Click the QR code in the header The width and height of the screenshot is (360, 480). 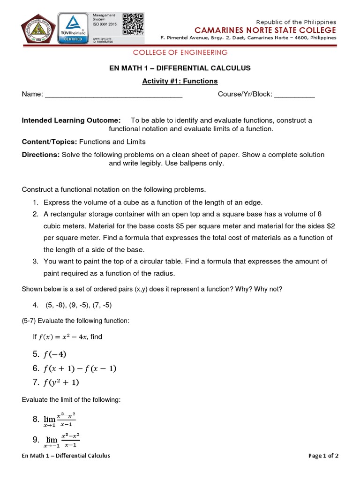133,24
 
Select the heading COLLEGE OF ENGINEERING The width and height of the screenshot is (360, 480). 180,52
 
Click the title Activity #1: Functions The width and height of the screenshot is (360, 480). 180,81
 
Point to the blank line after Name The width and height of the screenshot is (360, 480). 113,95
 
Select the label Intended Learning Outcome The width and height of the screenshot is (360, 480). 71,120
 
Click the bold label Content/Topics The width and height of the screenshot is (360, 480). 50,142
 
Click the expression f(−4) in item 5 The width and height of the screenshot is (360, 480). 55,354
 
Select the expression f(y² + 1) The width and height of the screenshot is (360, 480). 62,382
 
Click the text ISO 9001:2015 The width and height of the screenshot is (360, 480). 106,24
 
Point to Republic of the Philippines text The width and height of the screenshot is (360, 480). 296,22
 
